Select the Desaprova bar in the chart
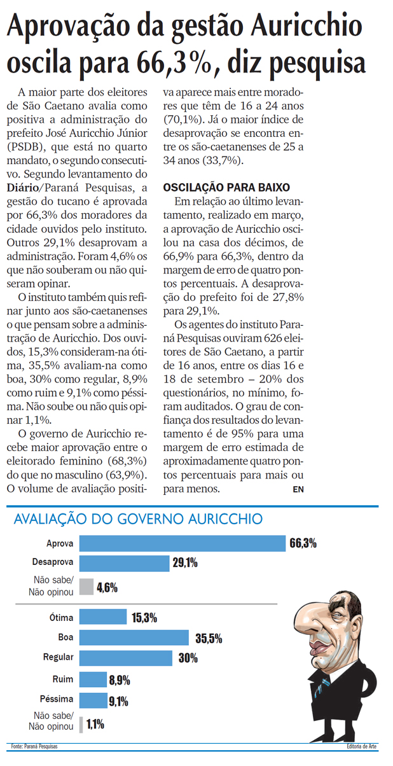click(125, 562)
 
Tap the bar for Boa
click(134, 637)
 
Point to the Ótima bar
click(102, 618)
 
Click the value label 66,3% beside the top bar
click(303, 543)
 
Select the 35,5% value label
click(207, 637)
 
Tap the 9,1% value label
click(118, 702)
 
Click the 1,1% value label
click(95, 724)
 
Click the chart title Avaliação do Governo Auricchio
click(138, 519)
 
